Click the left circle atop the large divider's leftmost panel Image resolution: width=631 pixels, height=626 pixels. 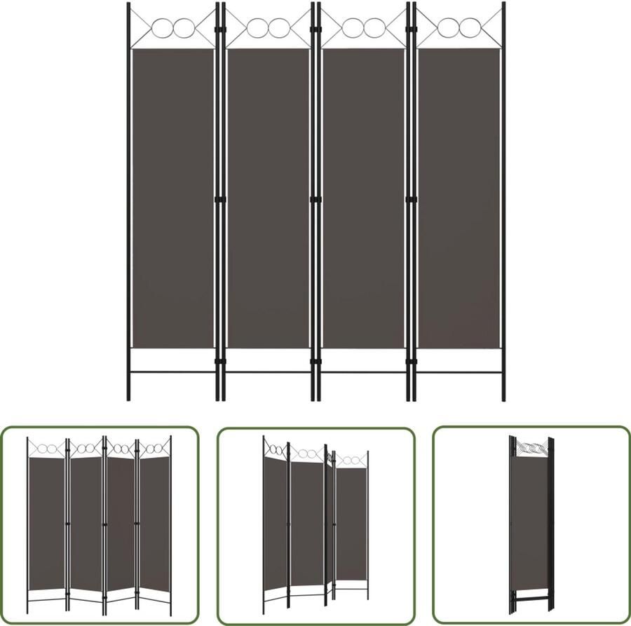[x=163, y=28]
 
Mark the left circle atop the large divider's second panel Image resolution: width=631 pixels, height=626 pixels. [x=259, y=28]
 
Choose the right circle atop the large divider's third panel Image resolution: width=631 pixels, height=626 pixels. [x=372, y=28]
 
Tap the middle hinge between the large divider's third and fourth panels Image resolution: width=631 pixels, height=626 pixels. [x=411, y=200]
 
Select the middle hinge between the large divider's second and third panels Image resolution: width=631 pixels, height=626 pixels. [x=315, y=200]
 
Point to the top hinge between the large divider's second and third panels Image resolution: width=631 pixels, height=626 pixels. [x=315, y=29]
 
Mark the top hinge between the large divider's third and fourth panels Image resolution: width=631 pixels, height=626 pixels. [x=411, y=29]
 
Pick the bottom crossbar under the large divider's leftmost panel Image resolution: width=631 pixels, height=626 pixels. [x=172, y=372]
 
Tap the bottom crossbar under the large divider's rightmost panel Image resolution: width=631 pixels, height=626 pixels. [x=459, y=372]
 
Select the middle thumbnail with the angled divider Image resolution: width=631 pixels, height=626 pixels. [x=315, y=525]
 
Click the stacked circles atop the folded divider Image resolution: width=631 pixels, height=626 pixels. [x=531, y=447]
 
